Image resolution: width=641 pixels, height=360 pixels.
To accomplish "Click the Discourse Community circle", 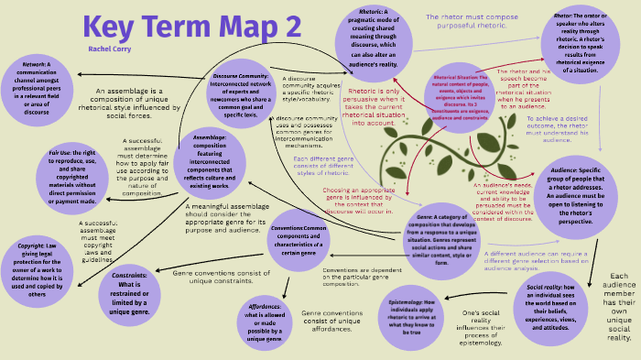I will point(240,91).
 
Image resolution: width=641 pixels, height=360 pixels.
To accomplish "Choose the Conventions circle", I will point(299,241).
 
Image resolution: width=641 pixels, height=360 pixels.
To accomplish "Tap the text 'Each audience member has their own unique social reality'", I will point(619,307).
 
